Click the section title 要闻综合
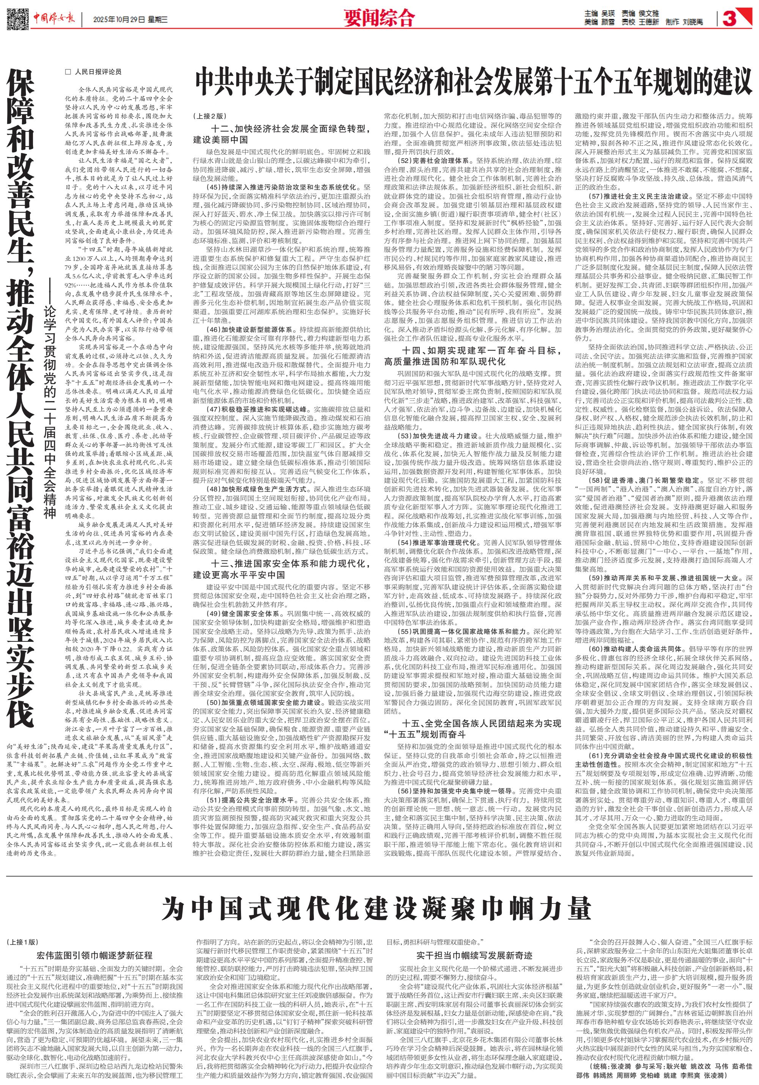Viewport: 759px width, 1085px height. (x=379, y=19)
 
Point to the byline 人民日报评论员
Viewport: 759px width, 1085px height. (x=93, y=72)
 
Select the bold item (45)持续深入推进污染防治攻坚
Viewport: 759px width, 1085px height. (x=283, y=187)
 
